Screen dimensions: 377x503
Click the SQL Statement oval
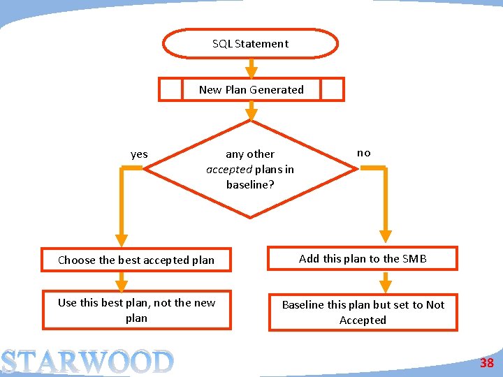coord(250,43)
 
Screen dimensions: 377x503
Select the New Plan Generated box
coord(251,89)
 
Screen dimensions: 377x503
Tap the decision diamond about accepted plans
coord(250,169)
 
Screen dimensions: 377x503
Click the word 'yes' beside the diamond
coord(139,154)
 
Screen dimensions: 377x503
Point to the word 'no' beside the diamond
coord(364,152)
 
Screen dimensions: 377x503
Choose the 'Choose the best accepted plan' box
coord(136,260)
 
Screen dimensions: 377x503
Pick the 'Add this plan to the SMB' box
coord(363,258)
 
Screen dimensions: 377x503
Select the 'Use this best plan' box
coord(136,310)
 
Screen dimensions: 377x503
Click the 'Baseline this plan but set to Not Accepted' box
coord(363,312)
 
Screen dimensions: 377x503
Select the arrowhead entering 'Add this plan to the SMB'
coord(385,237)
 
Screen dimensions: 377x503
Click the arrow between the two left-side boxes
coord(122,281)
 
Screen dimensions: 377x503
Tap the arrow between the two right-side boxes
coord(385,282)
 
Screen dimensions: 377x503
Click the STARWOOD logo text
coord(87,362)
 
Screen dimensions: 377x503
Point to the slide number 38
coord(486,363)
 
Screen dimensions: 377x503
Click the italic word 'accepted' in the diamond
coord(229,169)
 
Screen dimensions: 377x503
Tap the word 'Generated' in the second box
coord(277,89)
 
